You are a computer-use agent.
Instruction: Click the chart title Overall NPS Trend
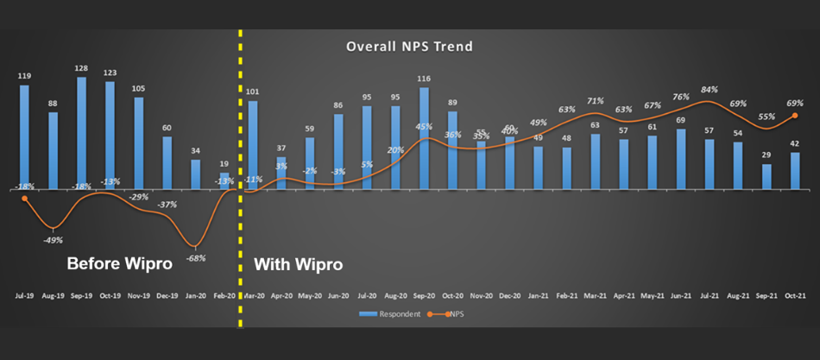[x=410, y=46]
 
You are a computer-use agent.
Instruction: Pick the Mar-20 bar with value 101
[x=253, y=145]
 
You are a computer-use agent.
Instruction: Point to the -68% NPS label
[x=197, y=258]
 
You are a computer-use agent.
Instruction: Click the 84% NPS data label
[x=710, y=89]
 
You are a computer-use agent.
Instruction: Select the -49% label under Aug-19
[x=53, y=239]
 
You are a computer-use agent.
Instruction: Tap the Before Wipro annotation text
[x=119, y=263]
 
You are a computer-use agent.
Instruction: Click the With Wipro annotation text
[x=299, y=263]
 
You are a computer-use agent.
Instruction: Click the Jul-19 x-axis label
[x=24, y=294]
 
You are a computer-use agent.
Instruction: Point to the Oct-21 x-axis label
[x=795, y=294]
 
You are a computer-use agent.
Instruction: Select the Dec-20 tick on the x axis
[x=509, y=294]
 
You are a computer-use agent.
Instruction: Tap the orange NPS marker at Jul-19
[x=24, y=198]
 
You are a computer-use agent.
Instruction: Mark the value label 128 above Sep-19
[x=81, y=68]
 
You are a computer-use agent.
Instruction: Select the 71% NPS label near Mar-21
[x=596, y=101]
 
